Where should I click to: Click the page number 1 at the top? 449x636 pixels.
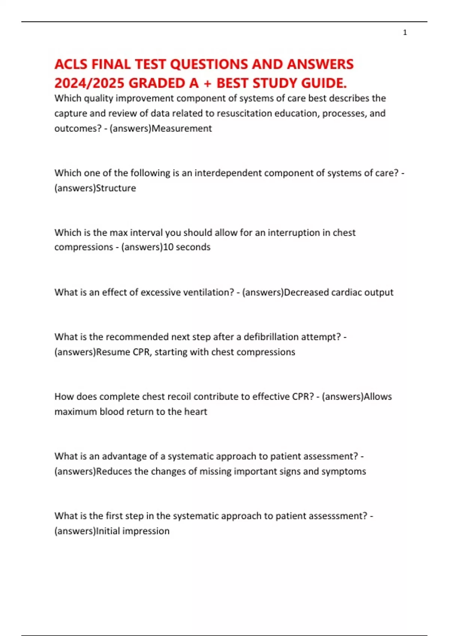click(405, 33)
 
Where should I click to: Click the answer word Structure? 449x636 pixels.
click(116, 188)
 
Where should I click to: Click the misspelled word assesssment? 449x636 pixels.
click(337, 516)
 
